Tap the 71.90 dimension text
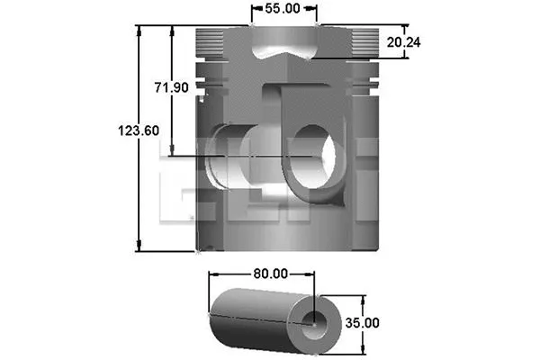[x=170, y=87]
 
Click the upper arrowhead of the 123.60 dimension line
[x=139, y=30]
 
